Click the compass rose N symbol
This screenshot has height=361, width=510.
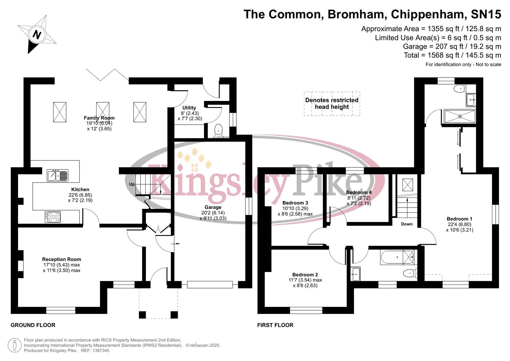37,34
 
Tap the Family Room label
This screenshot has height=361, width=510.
99,118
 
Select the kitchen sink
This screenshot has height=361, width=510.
57,175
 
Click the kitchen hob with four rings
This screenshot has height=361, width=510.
53,217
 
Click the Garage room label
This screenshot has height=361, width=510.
213,207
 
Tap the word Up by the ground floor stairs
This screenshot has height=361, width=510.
132,184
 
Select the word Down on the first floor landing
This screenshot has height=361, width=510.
406,224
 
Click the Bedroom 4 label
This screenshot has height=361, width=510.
359,193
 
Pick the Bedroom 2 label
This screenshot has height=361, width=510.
305,274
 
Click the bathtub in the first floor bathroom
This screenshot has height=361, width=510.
397,257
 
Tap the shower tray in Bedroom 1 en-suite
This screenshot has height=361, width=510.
460,116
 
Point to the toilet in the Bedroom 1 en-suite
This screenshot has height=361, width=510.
459,89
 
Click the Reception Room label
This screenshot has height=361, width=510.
61,259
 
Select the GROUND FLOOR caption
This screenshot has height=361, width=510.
33,325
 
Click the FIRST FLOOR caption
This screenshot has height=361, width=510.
275,325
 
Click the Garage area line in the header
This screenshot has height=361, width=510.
452,46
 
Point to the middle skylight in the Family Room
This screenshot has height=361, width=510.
103,112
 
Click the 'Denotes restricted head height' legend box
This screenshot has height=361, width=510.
332,104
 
